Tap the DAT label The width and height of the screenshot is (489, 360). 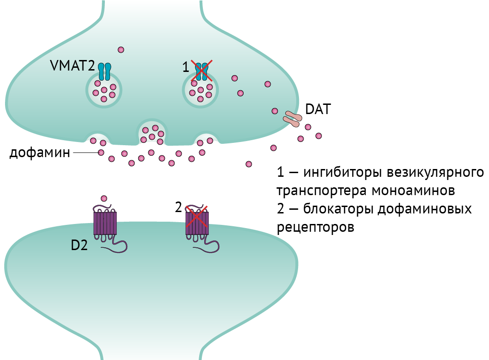pyautogui.click(x=317, y=110)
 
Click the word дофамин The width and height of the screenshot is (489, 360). pyautogui.click(x=40, y=153)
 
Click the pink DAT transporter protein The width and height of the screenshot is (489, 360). pyautogui.click(x=292, y=118)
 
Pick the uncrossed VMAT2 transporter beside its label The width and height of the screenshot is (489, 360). pyautogui.click(x=104, y=71)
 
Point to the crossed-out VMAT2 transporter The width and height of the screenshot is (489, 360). pyautogui.click(x=201, y=71)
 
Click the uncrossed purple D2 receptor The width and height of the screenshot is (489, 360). pyautogui.click(x=105, y=224)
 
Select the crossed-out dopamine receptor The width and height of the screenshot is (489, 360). pyautogui.click(x=196, y=224)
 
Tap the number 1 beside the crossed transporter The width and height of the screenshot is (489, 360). pyautogui.click(x=185, y=68)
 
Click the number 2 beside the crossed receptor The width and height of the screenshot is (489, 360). pyautogui.click(x=179, y=207)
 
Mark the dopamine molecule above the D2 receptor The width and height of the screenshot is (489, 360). pyautogui.click(x=104, y=198)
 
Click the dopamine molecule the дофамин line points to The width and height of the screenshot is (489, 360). pyautogui.click(x=101, y=153)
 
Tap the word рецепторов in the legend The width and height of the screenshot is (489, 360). pyautogui.click(x=316, y=227)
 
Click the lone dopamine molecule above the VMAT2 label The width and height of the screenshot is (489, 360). pyautogui.click(x=121, y=49)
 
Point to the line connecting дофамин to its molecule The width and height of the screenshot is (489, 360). pyautogui.click(x=85, y=153)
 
